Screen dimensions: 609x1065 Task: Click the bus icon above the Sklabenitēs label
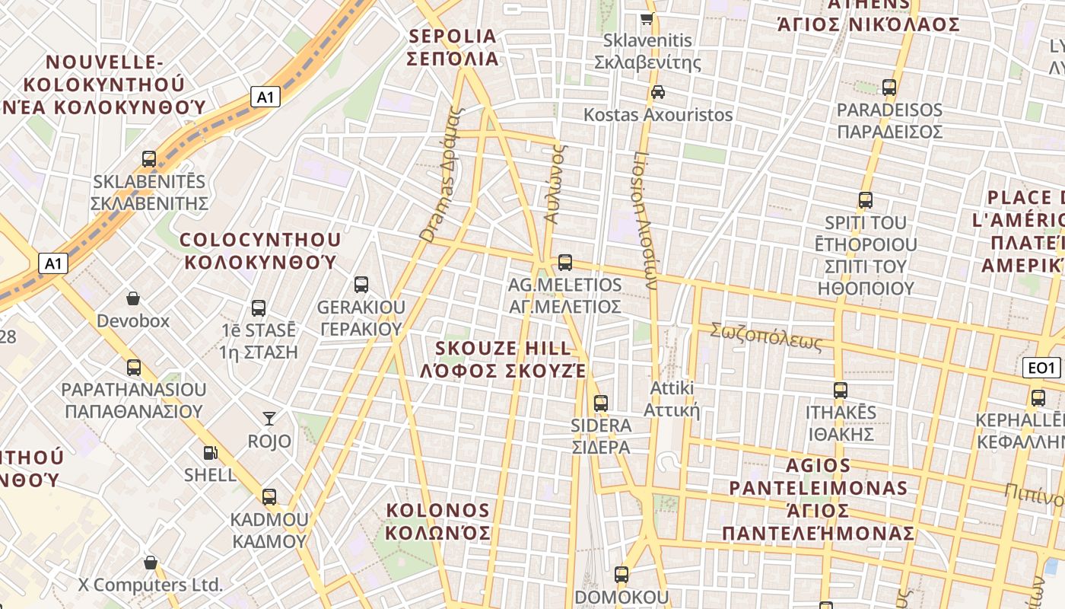pos(149,159)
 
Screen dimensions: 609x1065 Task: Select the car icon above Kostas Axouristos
pos(658,92)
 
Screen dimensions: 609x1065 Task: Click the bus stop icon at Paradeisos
pos(889,88)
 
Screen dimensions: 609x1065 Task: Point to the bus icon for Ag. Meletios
pos(564,263)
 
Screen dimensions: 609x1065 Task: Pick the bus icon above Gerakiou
pos(361,285)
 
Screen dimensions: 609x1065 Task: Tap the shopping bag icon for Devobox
pos(133,298)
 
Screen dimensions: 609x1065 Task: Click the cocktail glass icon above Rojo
pos(269,418)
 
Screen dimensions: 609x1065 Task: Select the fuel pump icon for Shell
pos(210,452)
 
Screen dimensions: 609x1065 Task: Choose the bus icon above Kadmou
pos(269,497)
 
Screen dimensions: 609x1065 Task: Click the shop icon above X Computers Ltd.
pos(151,563)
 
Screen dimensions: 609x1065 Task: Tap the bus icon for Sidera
pos(601,403)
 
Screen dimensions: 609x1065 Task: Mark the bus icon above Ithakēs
pos(841,391)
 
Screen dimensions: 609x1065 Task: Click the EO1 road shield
pos(1041,368)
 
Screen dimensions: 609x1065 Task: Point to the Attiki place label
pos(672,399)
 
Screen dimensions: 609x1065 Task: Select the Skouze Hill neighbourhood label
pos(504,359)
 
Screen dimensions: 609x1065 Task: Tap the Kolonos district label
pos(438,521)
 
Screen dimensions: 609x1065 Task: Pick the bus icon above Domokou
pos(622,575)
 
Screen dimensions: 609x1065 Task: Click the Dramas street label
pos(441,175)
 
